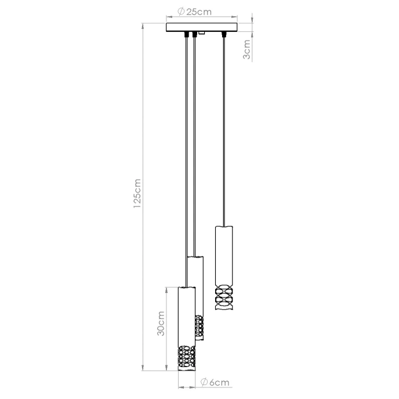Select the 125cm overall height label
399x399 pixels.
point(137,193)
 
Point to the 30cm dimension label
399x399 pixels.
point(162,323)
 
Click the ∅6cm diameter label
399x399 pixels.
point(214,382)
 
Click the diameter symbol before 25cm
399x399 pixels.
point(181,12)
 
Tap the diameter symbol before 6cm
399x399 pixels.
point(205,382)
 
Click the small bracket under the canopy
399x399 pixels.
point(201,34)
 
